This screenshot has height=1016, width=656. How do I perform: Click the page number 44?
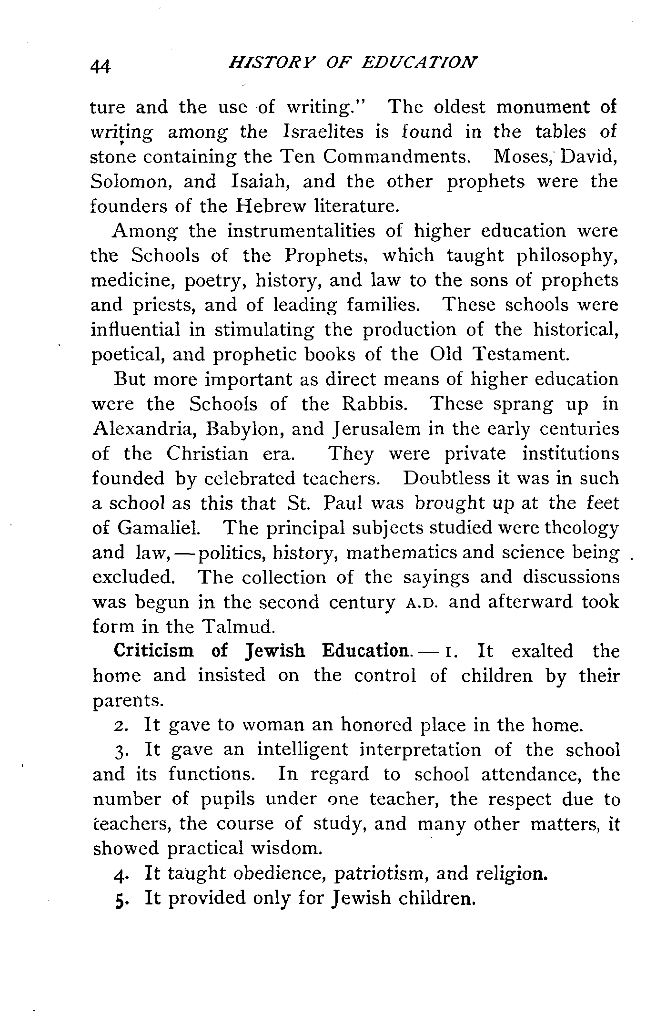pyautogui.click(x=101, y=65)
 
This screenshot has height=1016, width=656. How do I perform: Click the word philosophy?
pyautogui.click(x=567, y=256)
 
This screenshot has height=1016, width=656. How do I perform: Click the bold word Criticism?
pyautogui.click(x=153, y=651)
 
